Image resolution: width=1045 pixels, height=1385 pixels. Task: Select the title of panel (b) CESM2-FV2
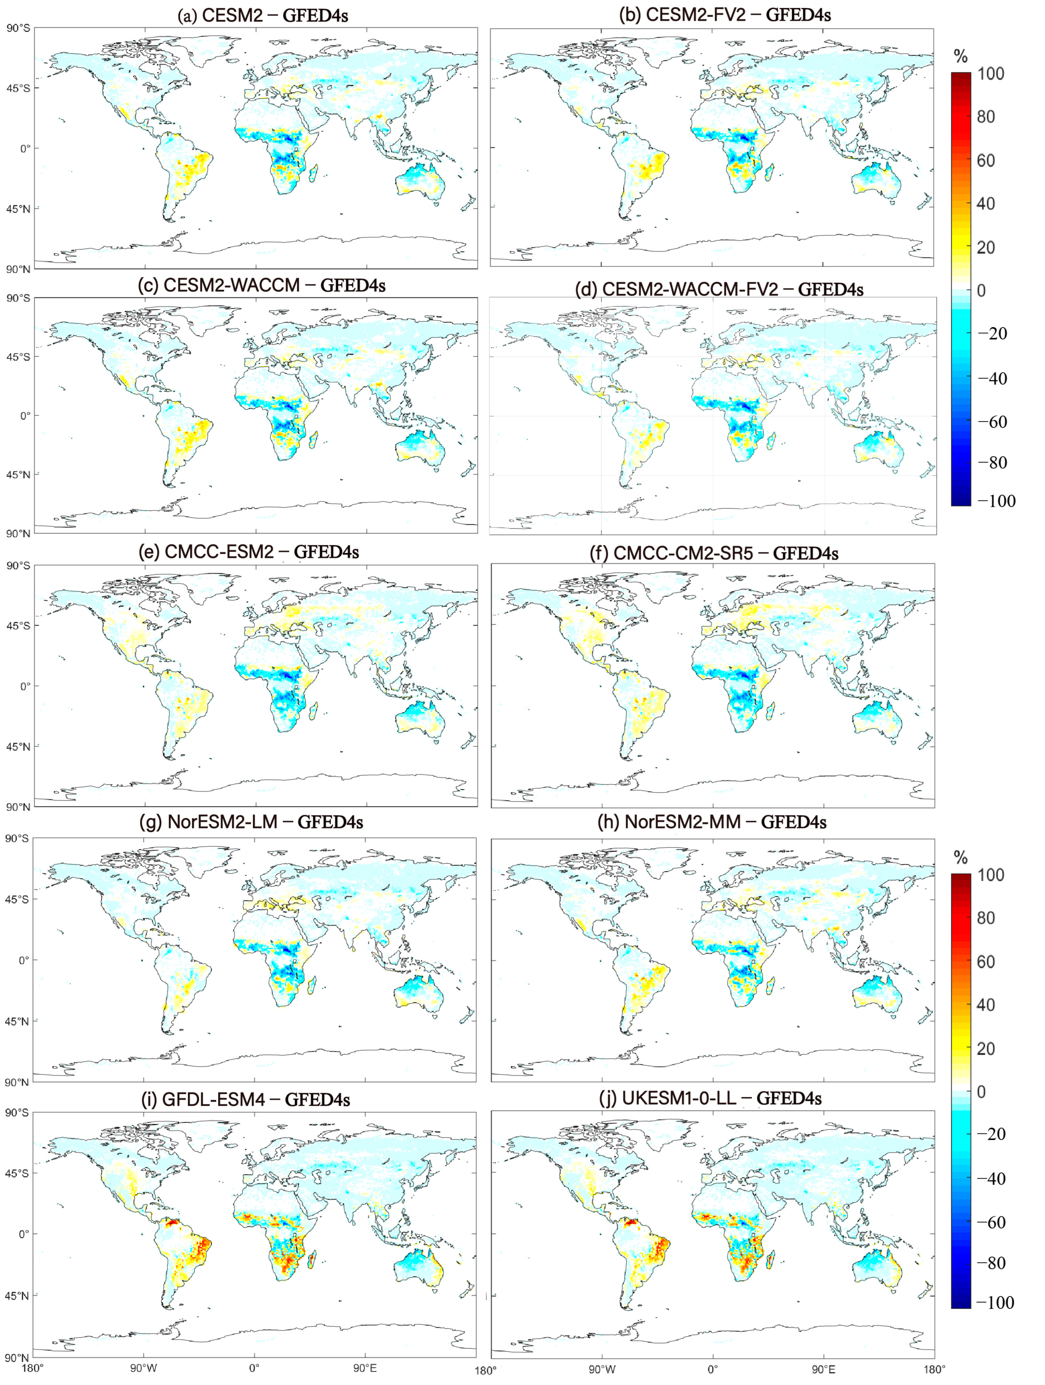pyautogui.click(x=725, y=15)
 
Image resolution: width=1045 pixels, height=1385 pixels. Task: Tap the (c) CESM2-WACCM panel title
pyautogui.click(x=261, y=286)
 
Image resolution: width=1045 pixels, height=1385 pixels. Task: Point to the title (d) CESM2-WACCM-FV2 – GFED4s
pyautogui.click(x=719, y=289)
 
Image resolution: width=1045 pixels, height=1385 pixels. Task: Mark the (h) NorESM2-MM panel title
pyautogui.click(x=712, y=821)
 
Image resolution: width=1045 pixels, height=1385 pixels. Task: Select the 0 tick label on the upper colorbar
pyautogui.click(x=981, y=291)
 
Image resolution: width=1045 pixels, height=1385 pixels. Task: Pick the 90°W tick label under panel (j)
pyautogui.click(x=601, y=1369)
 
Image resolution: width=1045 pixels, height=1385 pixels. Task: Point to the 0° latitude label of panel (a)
pyautogui.click(x=25, y=149)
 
